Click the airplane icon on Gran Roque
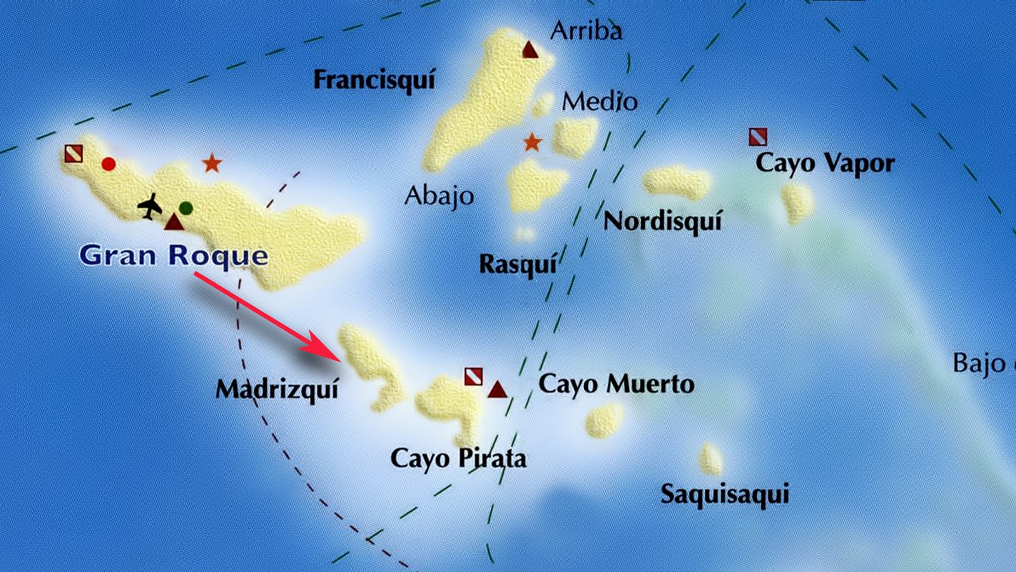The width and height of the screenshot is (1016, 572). click(x=150, y=206)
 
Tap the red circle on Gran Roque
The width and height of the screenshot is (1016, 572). click(x=109, y=164)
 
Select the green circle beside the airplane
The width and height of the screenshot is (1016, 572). click(x=186, y=208)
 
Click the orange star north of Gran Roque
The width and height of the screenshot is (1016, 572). click(x=211, y=163)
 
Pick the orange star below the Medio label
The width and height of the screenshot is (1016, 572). click(x=532, y=142)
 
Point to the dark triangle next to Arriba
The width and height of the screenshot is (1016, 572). click(x=530, y=50)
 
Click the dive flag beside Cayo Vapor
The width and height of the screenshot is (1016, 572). click(x=758, y=136)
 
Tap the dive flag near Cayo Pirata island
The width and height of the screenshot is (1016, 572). click(x=473, y=376)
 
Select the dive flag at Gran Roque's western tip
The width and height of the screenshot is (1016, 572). click(x=74, y=154)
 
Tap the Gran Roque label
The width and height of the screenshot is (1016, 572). click(x=173, y=255)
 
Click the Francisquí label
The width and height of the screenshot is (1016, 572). click(x=375, y=81)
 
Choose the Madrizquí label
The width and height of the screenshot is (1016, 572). click(x=277, y=389)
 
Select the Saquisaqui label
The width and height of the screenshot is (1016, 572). click(x=725, y=494)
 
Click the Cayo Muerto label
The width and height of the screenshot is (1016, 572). click(x=616, y=385)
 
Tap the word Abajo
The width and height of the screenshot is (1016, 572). click(x=439, y=196)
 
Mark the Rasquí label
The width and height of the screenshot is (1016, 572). click(x=518, y=264)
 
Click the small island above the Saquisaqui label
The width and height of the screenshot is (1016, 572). click(x=711, y=459)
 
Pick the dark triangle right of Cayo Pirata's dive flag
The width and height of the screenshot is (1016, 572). click(x=497, y=389)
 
